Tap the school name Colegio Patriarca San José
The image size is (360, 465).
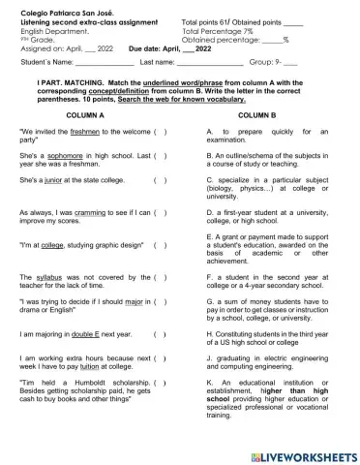[60, 13]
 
